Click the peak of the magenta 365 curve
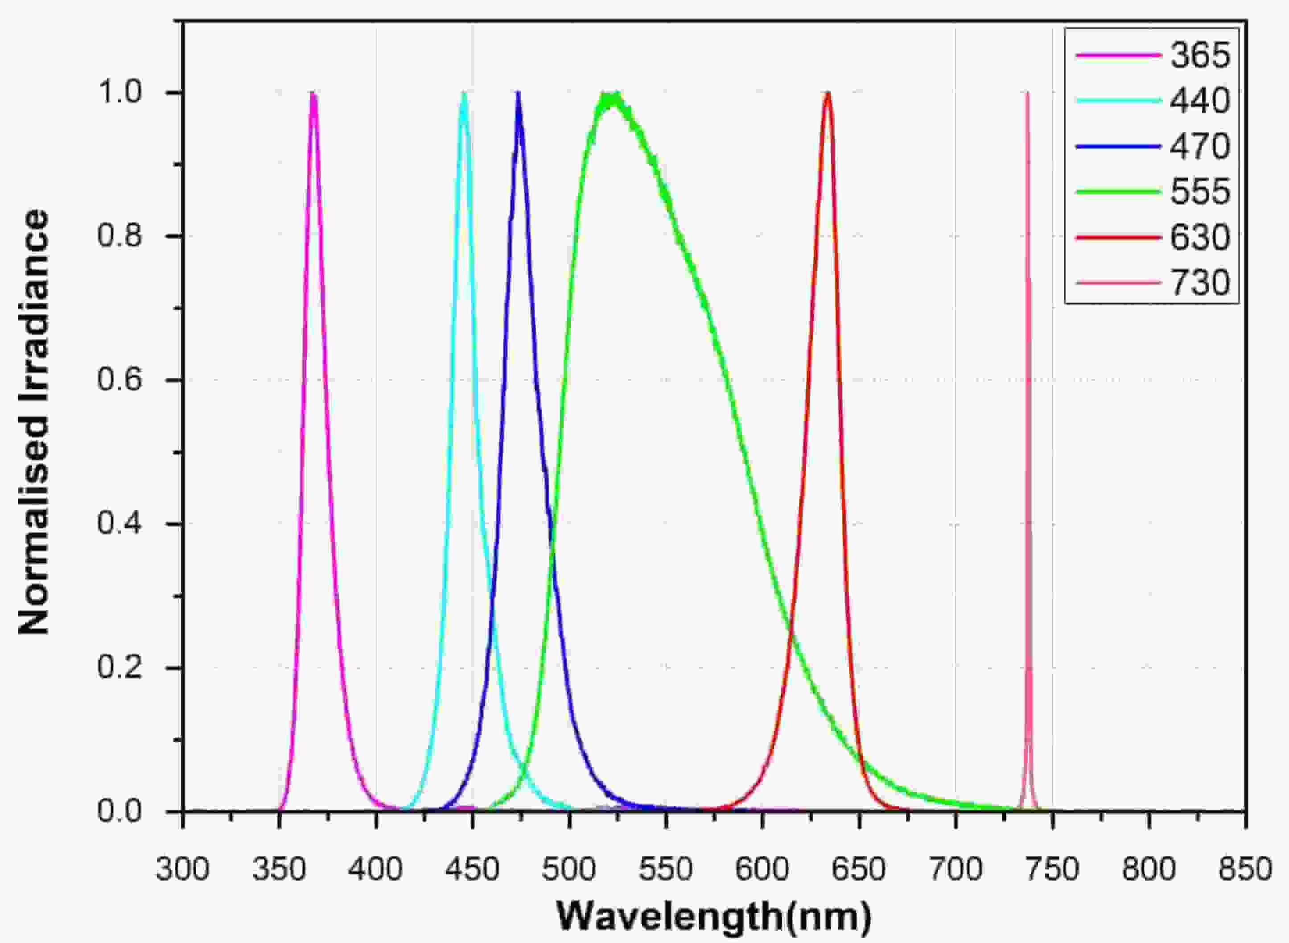coord(313,94)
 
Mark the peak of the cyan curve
coord(464,94)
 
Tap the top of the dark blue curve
coord(518,94)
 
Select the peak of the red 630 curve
coord(828,94)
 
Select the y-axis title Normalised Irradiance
coord(34,422)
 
